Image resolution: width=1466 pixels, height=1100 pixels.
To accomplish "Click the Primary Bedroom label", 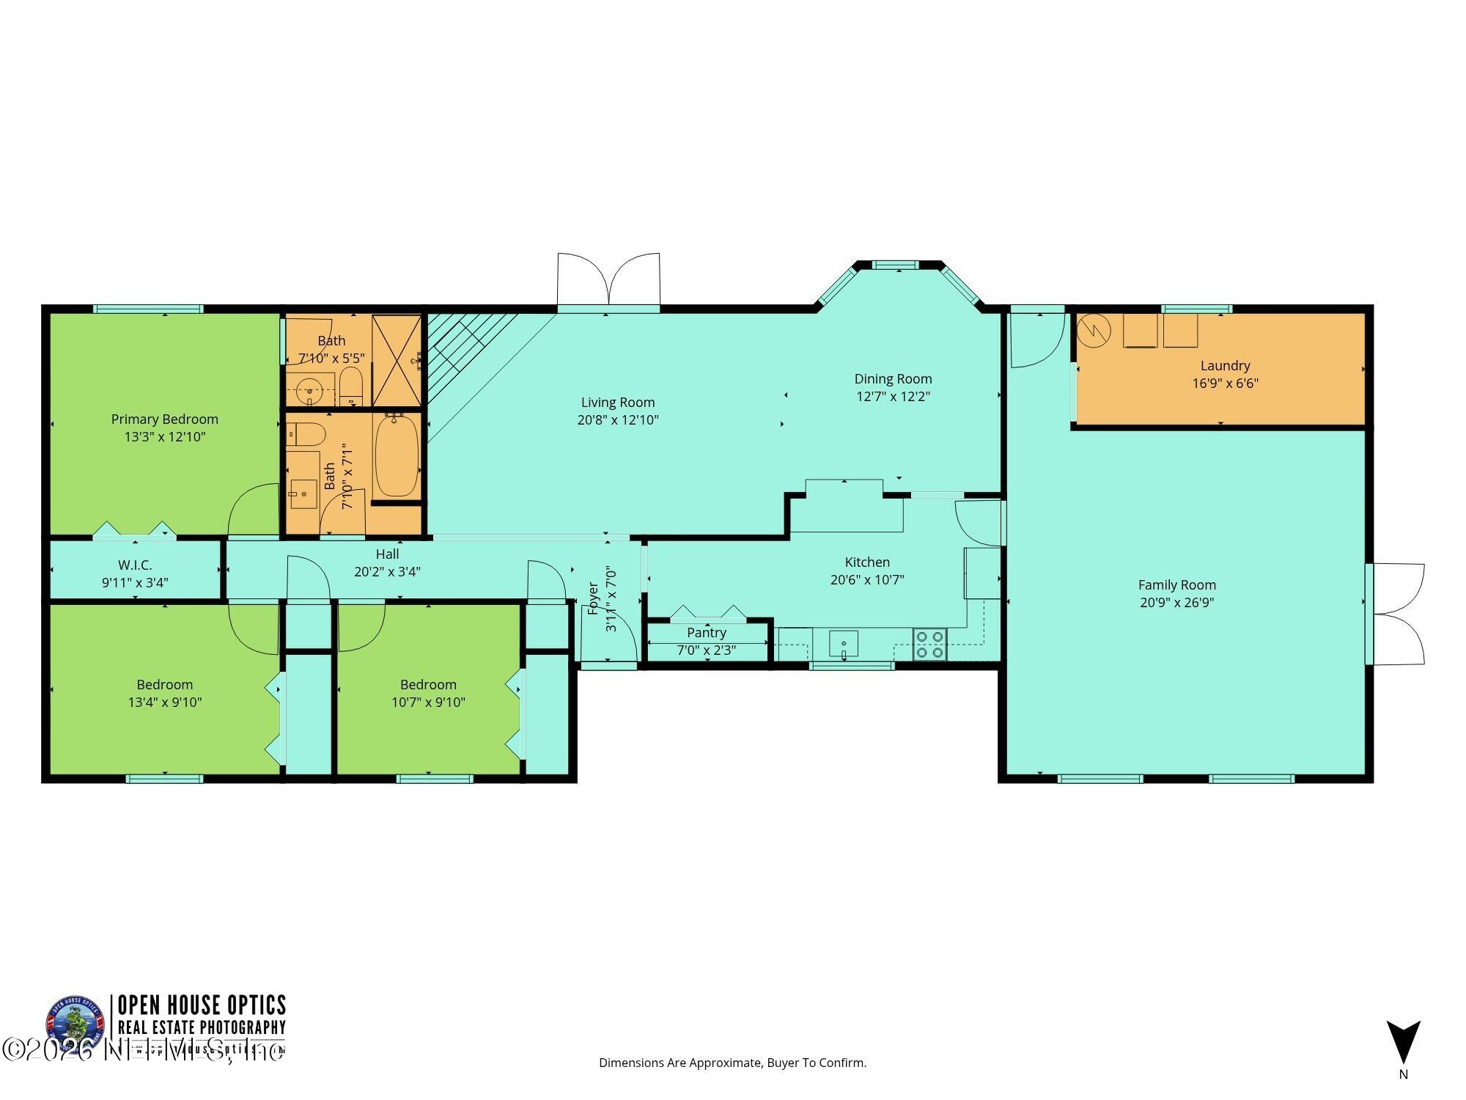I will tap(165, 419).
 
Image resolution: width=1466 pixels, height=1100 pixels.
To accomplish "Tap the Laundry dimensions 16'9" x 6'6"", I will tap(1225, 383).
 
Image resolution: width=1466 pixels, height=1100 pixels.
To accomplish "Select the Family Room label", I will tap(1176, 585).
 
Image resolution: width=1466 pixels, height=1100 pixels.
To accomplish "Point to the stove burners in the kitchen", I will tap(929, 645).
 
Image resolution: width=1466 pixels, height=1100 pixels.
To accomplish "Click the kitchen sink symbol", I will tap(844, 644).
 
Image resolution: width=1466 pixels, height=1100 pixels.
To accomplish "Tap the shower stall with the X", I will tap(397, 359).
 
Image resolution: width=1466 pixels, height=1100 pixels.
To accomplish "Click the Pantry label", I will tap(707, 632).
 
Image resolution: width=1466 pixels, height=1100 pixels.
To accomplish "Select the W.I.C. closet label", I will tap(135, 565).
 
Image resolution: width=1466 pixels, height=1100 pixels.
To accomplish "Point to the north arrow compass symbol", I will tap(1403, 1042).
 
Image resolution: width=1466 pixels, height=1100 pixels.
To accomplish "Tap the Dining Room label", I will tap(893, 379).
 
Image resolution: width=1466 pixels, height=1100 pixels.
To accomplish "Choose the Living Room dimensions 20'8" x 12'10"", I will tap(618, 420).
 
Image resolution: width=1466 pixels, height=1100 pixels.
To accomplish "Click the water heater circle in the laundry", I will tap(1094, 331).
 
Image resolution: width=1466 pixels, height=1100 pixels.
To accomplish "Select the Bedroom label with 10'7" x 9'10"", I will tap(428, 685).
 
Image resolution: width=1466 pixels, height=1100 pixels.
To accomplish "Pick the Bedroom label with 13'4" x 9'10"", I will tap(165, 685).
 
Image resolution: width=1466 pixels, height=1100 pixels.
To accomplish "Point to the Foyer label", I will tap(593, 598).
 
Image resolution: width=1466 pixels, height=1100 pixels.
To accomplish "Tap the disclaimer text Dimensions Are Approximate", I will tap(732, 1063).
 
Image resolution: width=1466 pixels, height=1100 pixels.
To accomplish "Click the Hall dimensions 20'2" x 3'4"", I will tap(387, 572).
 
